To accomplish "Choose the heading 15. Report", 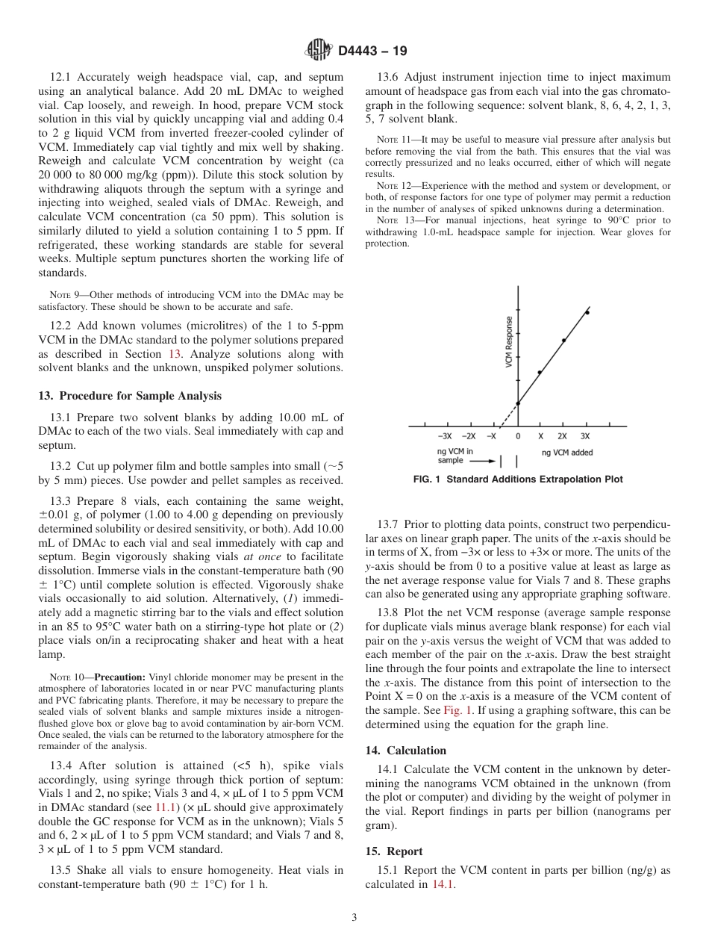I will (394, 851).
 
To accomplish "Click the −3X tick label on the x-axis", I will (444, 435).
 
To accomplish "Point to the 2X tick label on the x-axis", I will (562, 435).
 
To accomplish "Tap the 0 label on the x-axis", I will (518, 435).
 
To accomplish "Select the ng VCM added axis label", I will (567, 452).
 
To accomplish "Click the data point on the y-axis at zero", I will (518, 403).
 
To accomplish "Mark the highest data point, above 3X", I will (587, 312).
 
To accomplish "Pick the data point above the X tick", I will (540, 372).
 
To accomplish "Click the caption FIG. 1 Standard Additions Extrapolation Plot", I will (517, 479).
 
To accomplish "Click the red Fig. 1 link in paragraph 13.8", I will (458, 710).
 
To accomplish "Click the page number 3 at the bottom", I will (354, 918).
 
